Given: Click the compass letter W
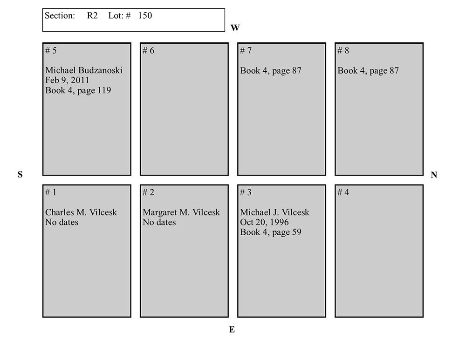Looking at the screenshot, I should point(235,28).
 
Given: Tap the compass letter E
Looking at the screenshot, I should point(232,330).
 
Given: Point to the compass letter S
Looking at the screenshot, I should point(20,175).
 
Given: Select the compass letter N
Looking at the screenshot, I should point(434,175).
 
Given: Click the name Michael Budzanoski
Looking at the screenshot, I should point(84,71).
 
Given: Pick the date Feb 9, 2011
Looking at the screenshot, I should point(67,81).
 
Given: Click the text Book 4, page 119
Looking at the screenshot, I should point(78,90).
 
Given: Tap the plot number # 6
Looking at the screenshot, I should point(148,51).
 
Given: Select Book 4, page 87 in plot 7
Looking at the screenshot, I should point(271,71).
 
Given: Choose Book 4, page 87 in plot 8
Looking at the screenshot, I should point(368,71).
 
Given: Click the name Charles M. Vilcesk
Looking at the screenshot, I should point(81,212).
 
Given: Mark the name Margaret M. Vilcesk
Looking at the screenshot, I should point(181,212).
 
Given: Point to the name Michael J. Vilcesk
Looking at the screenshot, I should point(274,212).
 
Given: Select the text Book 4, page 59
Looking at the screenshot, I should point(271,232).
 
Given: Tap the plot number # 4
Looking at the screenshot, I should point(343,192).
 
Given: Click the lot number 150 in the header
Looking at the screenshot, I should point(145,15).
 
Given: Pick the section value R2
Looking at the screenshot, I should point(92,15).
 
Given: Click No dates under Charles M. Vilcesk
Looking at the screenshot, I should point(62,222).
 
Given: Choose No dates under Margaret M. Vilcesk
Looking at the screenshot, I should point(159,222).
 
